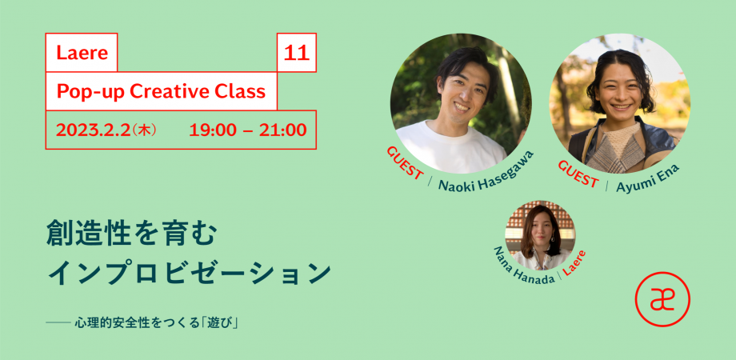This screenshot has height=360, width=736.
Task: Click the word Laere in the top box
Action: click(x=82, y=53)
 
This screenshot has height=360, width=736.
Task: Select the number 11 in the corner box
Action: click(x=297, y=53)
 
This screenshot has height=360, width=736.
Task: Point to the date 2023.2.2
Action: click(x=93, y=130)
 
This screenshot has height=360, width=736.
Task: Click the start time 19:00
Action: click(x=213, y=130)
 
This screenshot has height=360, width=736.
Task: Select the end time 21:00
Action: click(x=283, y=130)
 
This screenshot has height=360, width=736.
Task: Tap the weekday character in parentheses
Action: click(x=144, y=130)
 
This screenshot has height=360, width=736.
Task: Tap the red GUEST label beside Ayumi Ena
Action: click(x=578, y=174)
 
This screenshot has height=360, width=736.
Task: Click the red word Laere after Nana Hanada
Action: click(x=574, y=263)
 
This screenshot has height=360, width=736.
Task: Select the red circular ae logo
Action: click(x=662, y=299)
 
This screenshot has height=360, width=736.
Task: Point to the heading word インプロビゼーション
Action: click(x=189, y=274)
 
